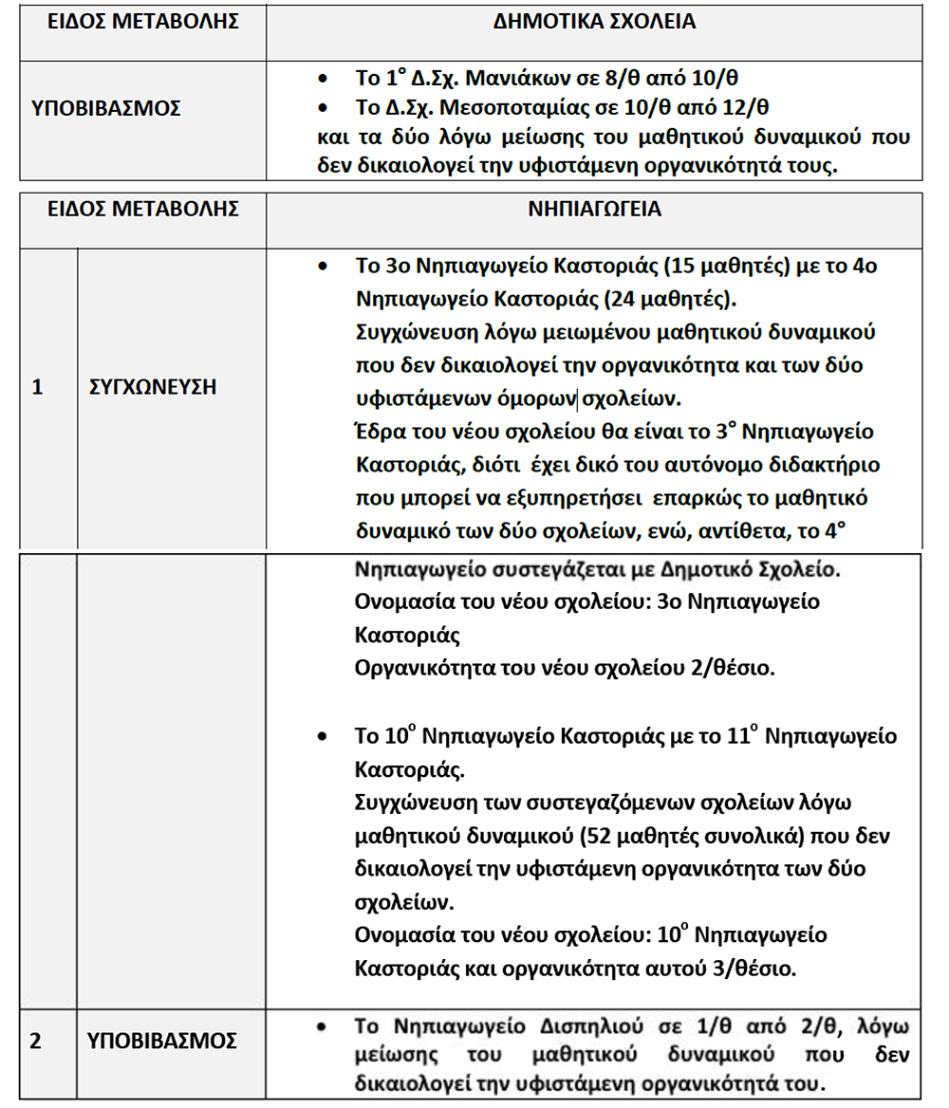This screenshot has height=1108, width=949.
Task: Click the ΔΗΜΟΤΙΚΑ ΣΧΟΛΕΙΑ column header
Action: click(x=594, y=22)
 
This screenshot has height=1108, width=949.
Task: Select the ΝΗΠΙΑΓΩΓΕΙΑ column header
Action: click(x=594, y=210)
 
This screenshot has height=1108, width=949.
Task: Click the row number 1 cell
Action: click(x=38, y=387)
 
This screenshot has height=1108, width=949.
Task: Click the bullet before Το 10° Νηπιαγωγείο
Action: click(x=325, y=737)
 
